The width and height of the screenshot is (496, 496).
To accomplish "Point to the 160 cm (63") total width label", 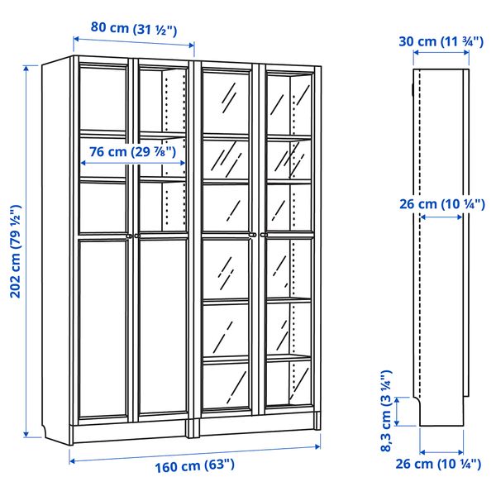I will tap(194, 465).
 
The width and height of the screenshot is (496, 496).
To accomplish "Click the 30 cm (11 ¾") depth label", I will tap(441, 40).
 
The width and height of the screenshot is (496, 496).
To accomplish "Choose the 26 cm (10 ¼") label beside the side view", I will tap(441, 204).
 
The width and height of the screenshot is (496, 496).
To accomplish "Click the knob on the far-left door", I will tap(129, 236).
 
